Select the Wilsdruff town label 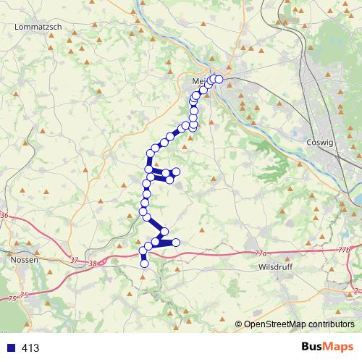point(274,266)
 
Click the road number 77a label point(261,254)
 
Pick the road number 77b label point(343,250)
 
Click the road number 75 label point(24,295)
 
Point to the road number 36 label point(4,216)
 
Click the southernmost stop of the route point(144,264)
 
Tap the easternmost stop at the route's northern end point(219,79)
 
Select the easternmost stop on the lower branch point(175,243)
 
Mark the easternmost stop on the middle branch point(176,171)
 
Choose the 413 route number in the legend point(30,348)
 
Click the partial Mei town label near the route point(201,80)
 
